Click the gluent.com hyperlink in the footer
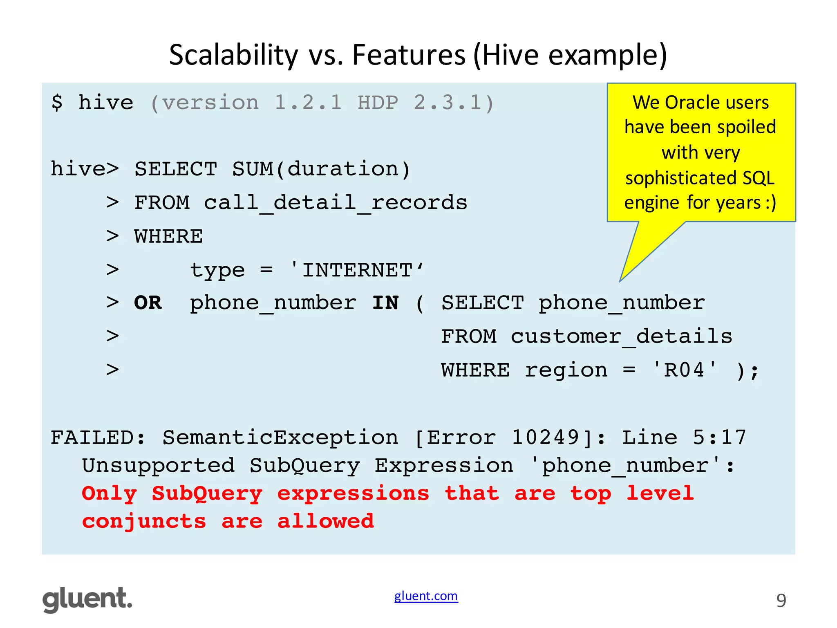pos(426,596)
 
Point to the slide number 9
pos(781,601)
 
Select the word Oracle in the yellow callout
pos(692,102)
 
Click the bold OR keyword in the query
pos(148,303)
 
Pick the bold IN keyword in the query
pos(385,303)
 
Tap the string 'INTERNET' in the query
pos(356,270)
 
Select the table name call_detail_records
pos(335,203)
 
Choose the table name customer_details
pos(621,336)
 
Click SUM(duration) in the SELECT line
pos(321,169)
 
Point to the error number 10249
pos(546,437)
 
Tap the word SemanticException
pos(280,437)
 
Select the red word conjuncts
pos(144,521)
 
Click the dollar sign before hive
pos(57,102)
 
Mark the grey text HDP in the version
pos(378,102)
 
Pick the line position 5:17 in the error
pos(719,437)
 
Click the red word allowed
pos(325,521)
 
